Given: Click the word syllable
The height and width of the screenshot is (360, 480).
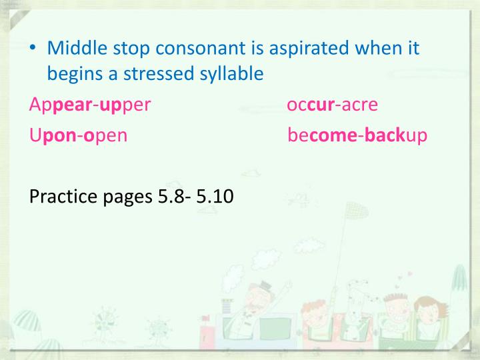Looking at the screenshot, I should [x=234, y=74].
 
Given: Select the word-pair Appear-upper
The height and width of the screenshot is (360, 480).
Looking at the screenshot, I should [x=91, y=105].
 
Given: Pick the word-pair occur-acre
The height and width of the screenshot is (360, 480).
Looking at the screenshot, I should [x=332, y=105].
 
